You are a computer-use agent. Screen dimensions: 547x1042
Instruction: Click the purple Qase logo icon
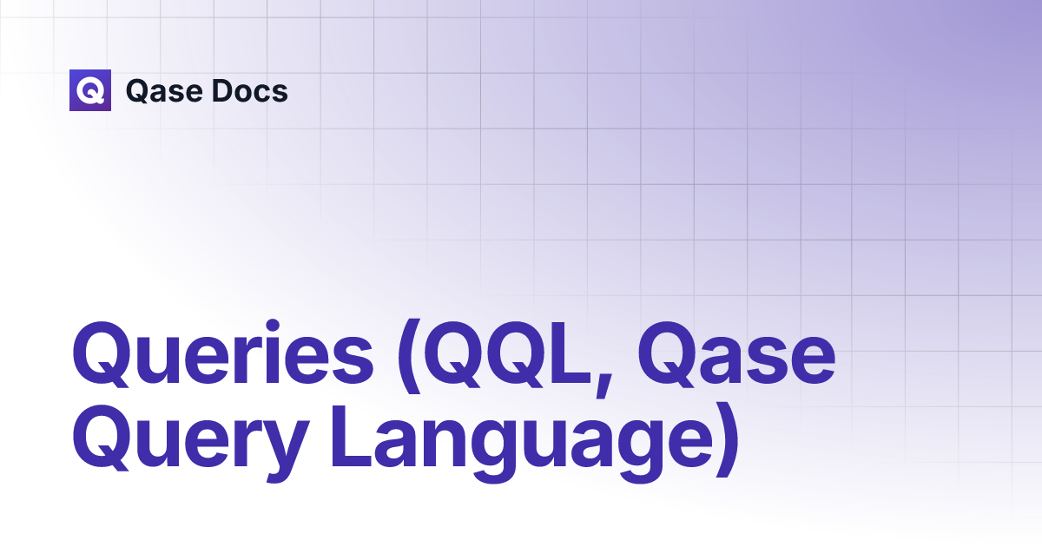click(90, 90)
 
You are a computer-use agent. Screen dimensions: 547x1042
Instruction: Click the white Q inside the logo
click(90, 90)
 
